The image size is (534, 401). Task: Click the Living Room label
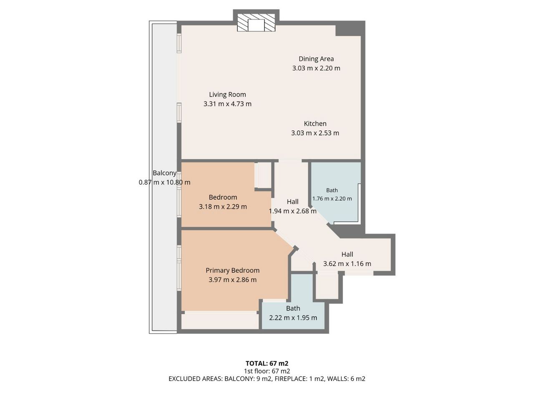227,94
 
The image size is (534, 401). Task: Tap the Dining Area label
316,58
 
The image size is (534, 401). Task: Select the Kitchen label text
315,124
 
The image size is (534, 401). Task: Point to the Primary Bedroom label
232,270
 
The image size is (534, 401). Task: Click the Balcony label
164,173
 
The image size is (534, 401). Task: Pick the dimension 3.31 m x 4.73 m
227,104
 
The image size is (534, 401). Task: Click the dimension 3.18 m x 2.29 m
223,207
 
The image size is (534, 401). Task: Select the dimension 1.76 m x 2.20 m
332,199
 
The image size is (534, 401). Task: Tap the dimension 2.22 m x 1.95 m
293,318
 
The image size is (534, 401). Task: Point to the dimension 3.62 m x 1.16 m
347,264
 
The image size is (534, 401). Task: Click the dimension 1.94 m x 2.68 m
293,211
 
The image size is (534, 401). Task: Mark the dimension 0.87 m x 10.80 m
164,183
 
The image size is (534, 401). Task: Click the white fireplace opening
256,25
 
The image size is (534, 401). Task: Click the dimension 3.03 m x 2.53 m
315,133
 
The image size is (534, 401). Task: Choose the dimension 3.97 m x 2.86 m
232,280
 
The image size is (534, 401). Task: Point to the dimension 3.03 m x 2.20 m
316,68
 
